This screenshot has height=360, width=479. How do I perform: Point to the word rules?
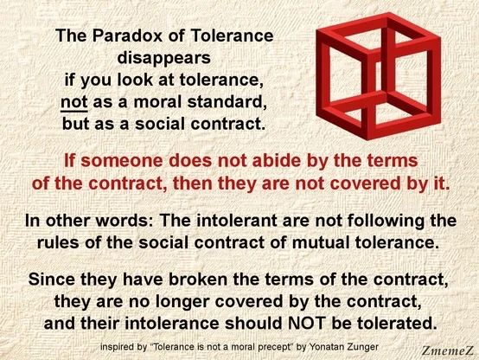pyautogui.click(x=61, y=241)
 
